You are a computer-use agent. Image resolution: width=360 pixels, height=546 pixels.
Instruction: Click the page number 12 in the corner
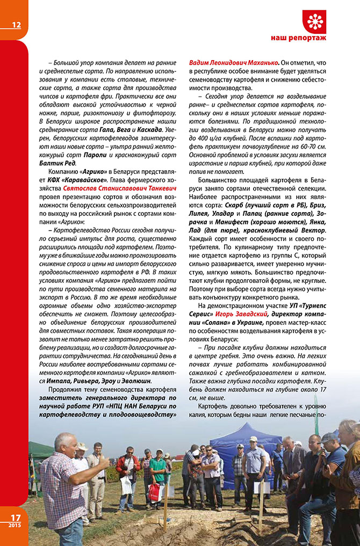point(16,25)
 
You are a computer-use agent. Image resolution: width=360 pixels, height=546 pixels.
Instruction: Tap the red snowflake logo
point(314,21)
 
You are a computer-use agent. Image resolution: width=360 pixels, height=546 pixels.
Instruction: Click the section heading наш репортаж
point(298,38)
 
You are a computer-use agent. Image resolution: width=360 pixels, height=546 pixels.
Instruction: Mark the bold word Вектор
point(313,230)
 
